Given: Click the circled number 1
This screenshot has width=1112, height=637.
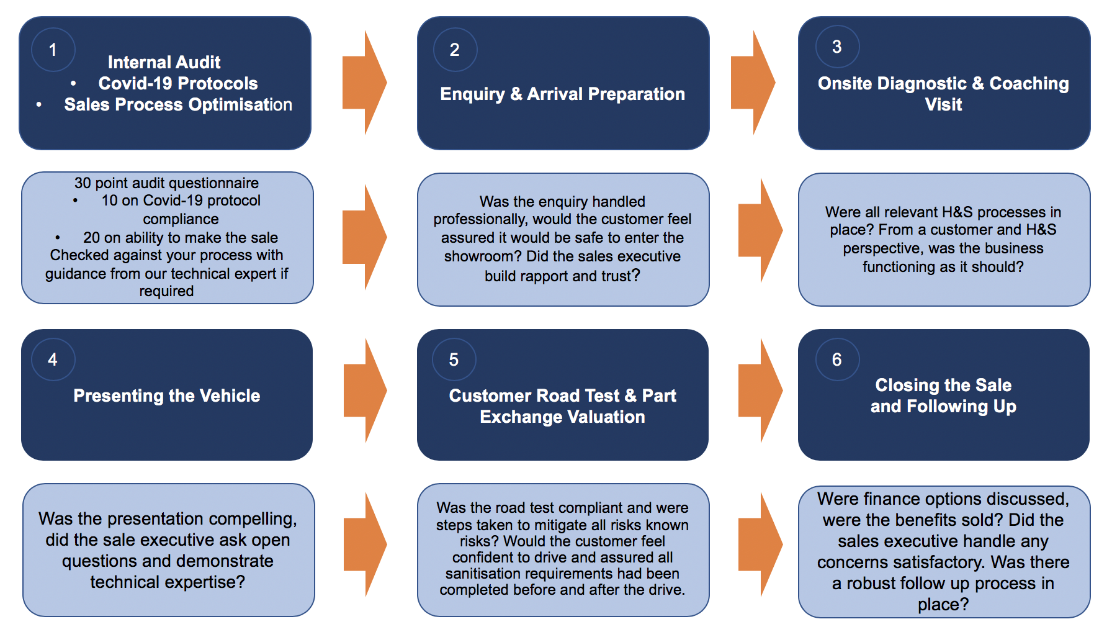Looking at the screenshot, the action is pyautogui.click(x=53, y=50).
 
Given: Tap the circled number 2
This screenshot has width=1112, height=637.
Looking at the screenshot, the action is pyautogui.click(x=455, y=50).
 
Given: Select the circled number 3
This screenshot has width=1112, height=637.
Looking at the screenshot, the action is pyautogui.click(x=837, y=47).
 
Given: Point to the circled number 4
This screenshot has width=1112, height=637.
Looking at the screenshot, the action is pyautogui.click(x=53, y=359).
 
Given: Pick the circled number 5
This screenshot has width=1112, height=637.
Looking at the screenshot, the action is pyautogui.click(x=454, y=359).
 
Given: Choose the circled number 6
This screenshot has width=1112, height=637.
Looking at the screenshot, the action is pyautogui.click(x=837, y=359).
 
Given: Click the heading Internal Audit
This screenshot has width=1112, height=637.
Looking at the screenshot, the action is pyautogui.click(x=164, y=62).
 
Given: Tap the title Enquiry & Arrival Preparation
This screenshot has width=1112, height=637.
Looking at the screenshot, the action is pyautogui.click(x=562, y=94).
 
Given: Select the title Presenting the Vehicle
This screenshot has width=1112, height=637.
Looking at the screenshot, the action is pyautogui.click(x=167, y=395).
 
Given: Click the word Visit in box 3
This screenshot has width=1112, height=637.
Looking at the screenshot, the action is pyautogui.click(x=943, y=104).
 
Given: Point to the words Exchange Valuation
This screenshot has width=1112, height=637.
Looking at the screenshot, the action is pyautogui.click(x=562, y=417).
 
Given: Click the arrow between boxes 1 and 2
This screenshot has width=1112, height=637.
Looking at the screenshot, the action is pyautogui.click(x=365, y=83).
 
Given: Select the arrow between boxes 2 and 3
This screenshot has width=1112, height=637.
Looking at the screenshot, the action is pyautogui.click(x=753, y=83).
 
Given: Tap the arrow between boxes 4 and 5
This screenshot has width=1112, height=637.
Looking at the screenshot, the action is pyautogui.click(x=365, y=391).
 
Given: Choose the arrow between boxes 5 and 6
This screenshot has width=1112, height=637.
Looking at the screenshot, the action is pyautogui.click(x=761, y=391).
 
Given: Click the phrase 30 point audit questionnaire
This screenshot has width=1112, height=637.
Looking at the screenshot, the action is pyautogui.click(x=166, y=183).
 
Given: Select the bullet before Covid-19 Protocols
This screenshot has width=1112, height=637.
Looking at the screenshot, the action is pyautogui.click(x=74, y=83).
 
